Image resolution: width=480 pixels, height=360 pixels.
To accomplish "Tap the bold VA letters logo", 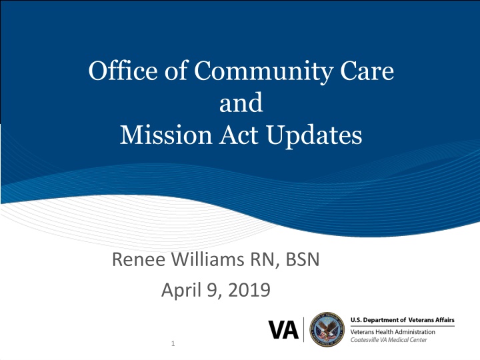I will (x=284, y=329).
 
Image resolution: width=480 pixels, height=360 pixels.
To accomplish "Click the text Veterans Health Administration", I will (x=393, y=332).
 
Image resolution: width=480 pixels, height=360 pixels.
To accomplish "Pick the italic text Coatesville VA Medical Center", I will (x=390, y=339).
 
